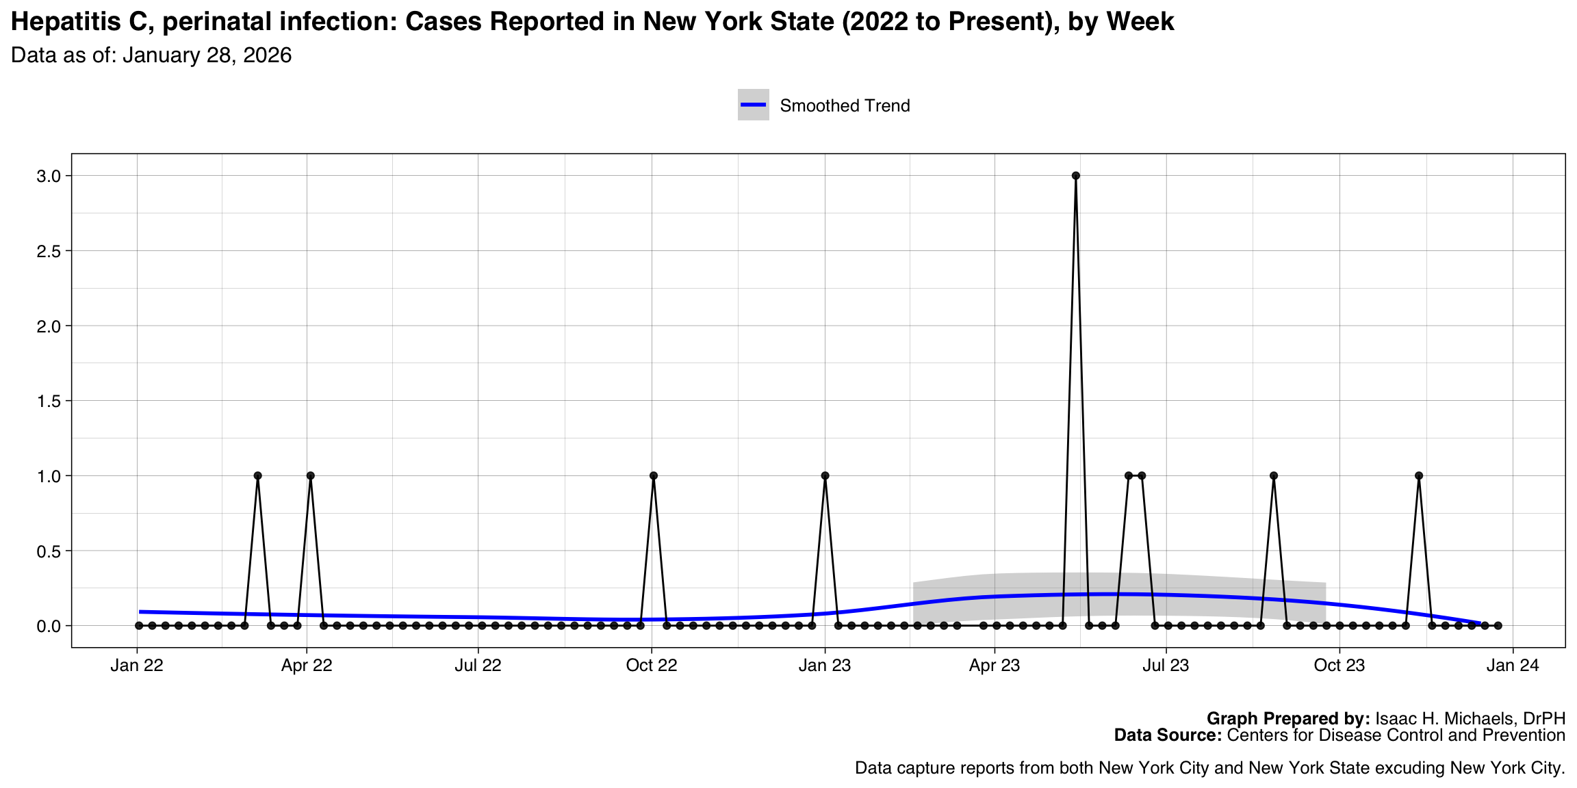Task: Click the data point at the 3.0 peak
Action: tap(1075, 176)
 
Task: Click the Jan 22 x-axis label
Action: tap(137, 666)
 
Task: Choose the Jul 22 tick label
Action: tap(478, 666)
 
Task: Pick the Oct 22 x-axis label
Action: tap(652, 666)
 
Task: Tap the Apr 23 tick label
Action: tap(995, 666)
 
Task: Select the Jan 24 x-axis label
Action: tap(1512, 666)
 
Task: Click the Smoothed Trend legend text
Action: tap(845, 106)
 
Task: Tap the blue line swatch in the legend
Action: tap(753, 105)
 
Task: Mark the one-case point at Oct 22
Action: tap(653, 475)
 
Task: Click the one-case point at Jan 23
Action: tap(825, 475)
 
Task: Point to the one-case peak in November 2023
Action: tap(1419, 475)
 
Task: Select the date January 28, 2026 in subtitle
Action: tap(207, 55)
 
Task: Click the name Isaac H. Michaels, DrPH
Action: tap(1470, 719)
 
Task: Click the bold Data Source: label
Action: tap(1168, 735)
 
